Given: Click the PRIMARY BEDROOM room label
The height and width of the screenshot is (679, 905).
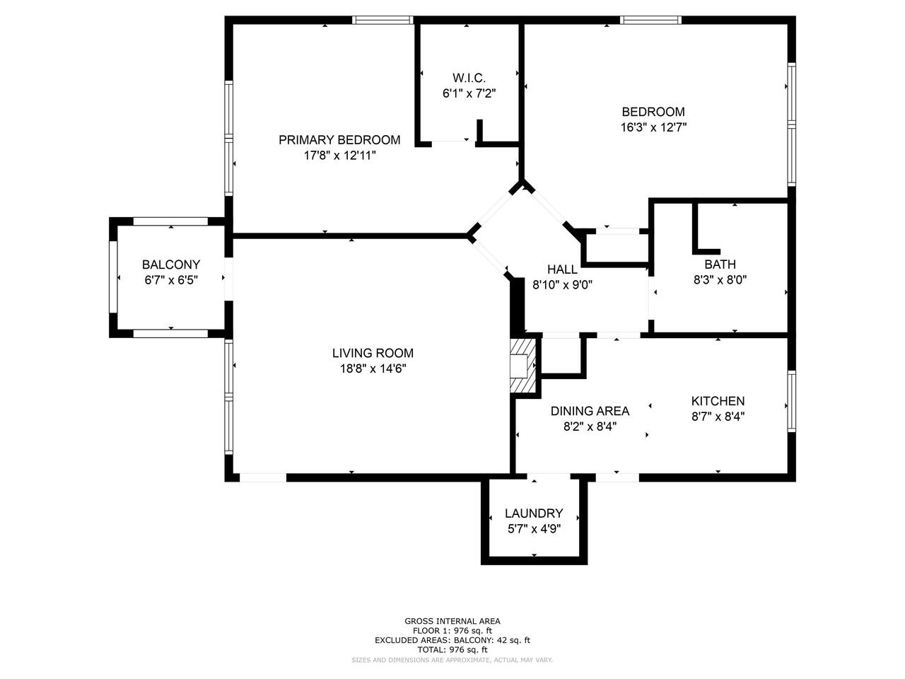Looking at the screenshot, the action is click(339, 140).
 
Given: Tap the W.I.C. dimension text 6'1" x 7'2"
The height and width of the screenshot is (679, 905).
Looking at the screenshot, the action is click(469, 93).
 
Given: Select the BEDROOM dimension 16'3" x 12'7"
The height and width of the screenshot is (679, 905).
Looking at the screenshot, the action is click(653, 127).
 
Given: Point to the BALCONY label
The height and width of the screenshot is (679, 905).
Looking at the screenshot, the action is click(171, 265).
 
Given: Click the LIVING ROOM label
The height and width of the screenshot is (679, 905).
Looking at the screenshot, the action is click(373, 353).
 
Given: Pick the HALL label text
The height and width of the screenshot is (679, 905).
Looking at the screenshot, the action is click(562, 269).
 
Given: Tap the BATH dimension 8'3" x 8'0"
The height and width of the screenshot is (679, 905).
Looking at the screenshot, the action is click(720, 280).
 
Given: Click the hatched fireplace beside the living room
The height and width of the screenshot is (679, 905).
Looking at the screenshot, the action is click(523, 366).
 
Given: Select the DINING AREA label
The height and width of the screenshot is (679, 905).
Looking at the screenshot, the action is click(590, 411).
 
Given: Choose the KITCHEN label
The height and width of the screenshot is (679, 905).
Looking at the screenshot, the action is click(718, 401).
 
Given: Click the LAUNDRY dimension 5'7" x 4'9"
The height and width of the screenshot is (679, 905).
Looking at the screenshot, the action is click(534, 529).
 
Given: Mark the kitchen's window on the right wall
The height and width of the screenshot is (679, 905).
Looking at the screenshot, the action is click(791, 401).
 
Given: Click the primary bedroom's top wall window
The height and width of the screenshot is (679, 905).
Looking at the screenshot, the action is click(383, 20).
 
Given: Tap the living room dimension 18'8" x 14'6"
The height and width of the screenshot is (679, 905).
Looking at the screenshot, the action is click(373, 368).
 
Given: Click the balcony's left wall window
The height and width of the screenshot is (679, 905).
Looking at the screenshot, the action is click(113, 277).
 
